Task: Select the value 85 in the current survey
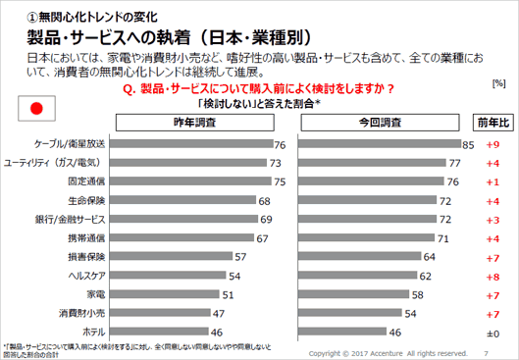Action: click(x=469, y=144)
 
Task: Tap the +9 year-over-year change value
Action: click(x=493, y=144)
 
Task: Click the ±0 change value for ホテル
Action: click(x=493, y=333)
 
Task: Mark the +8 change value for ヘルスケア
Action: click(x=493, y=276)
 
